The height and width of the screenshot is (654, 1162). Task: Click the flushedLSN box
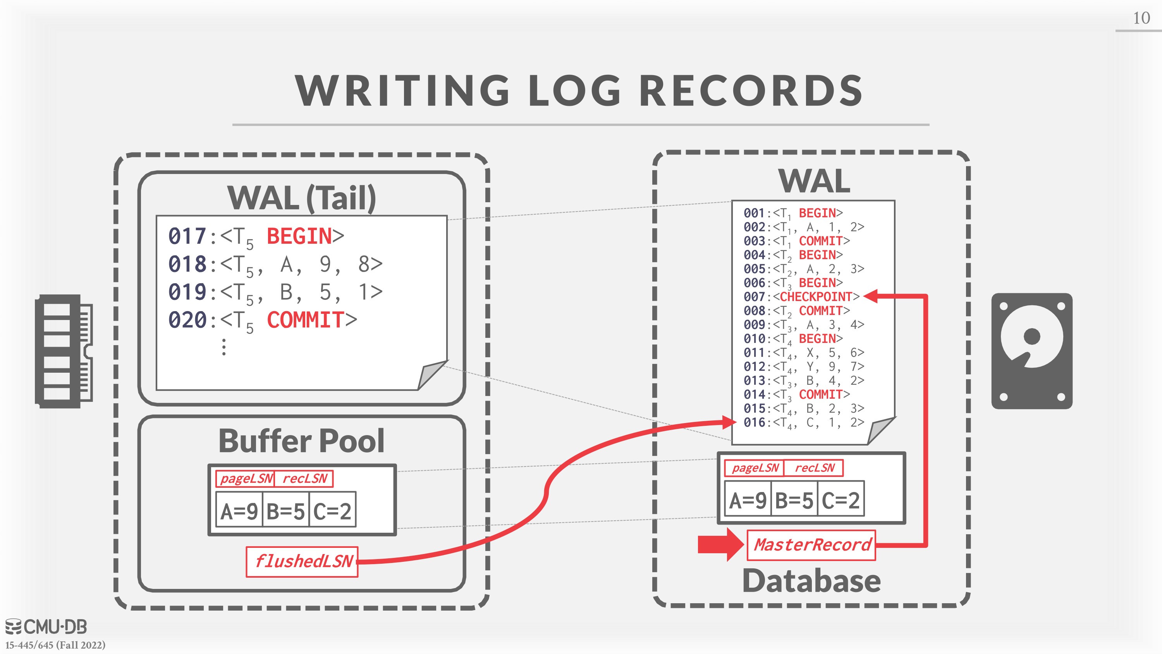click(302, 561)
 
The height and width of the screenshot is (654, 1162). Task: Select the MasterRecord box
click(811, 545)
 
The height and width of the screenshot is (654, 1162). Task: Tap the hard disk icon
click(1031, 351)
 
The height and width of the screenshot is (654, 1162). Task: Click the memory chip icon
click(64, 351)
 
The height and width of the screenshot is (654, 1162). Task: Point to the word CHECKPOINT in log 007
click(816, 296)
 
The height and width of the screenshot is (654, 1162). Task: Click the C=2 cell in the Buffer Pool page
click(332, 511)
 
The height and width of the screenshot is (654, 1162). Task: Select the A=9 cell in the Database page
click(748, 500)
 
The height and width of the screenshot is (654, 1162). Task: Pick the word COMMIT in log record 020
click(305, 320)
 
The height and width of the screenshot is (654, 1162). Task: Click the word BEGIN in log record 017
click(299, 236)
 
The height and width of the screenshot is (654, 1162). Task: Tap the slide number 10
click(1141, 18)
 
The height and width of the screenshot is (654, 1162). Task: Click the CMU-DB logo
click(46, 626)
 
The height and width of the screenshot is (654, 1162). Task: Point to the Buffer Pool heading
click(301, 441)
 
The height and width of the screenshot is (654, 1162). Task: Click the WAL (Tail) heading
click(301, 198)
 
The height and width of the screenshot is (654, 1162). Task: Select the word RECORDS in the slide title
click(751, 90)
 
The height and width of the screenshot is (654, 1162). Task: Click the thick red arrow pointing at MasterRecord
click(720, 544)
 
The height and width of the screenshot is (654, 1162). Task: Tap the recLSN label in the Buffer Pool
click(304, 478)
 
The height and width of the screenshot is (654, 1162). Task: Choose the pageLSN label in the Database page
click(755, 468)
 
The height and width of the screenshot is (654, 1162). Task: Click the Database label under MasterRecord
click(811, 580)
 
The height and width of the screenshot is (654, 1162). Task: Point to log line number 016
click(754, 422)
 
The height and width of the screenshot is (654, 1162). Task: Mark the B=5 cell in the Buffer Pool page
click(285, 511)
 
